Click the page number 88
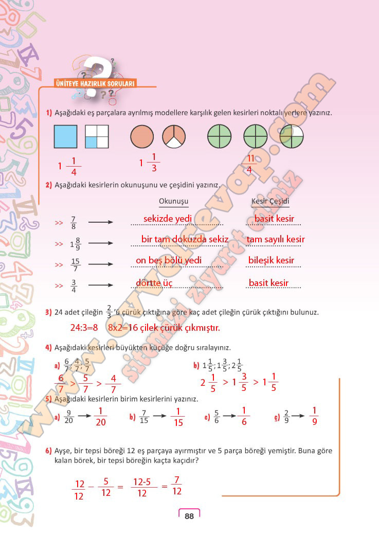pos(189,516)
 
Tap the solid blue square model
pos(65,137)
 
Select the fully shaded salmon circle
pos(142,137)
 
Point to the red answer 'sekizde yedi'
pos(168,219)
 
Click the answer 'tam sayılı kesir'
pos(275,239)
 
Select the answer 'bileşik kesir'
pos(271,260)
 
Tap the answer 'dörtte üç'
pos(154,283)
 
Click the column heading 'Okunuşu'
pos(174,201)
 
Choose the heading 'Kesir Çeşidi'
pos(270,201)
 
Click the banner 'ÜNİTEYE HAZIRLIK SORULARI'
pos(95,83)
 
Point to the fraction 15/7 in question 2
pos(76,264)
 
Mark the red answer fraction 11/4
pos(249,164)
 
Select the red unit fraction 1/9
pos(315,416)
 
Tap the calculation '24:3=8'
pos(84,327)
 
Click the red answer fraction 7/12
pos(177,485)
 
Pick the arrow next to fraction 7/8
pos(101,223)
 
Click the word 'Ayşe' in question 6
pos(62,451)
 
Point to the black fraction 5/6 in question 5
pos(217,417)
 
